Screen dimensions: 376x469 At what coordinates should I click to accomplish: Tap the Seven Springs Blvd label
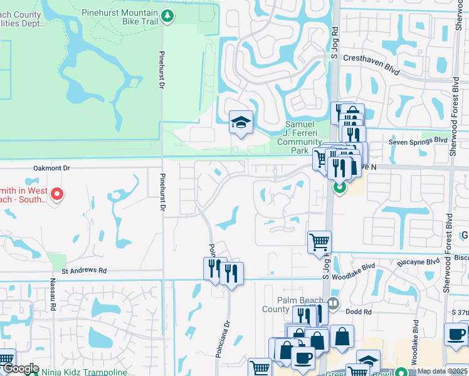(x=417, y=141)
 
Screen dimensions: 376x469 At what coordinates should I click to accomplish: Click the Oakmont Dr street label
(x=52, y=168)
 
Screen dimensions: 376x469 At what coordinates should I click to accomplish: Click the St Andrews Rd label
(x=84, y=271)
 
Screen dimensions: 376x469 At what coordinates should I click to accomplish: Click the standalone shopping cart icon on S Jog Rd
(x=319, y=242)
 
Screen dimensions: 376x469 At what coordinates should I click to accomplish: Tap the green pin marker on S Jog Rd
(x=339, y=187)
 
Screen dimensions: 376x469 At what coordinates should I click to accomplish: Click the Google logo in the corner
(x=20, y=369)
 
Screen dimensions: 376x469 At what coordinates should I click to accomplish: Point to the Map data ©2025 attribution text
(x=441, y=371)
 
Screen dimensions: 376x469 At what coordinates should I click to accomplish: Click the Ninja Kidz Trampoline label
(x=85, y=371)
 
